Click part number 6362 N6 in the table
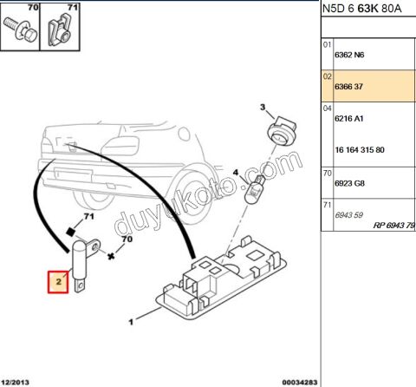pos(349,55)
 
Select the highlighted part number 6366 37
pos(348,87)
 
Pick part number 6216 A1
pos(349,118)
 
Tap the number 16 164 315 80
pos(360,150)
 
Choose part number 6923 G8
pos(349,183)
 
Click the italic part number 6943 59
pos(348,215)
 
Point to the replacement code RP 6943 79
pos(394,225)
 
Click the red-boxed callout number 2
pos(58,281)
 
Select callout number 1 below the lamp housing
pos(131,322)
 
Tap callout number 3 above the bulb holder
pos(263,107)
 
